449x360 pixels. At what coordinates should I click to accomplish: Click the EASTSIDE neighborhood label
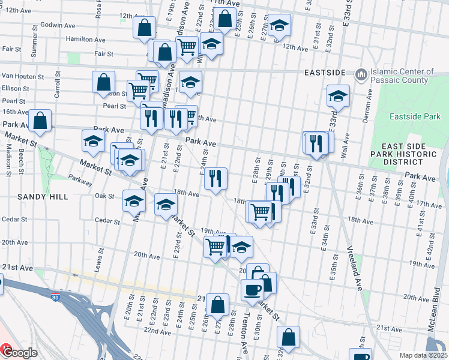pyautogui.click(x=325, y=73)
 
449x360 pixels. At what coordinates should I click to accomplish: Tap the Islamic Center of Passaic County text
pyautogui.click(x=402, y=76)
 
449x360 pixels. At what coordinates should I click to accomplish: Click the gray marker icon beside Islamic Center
pyautogui.click(x=361, y=75)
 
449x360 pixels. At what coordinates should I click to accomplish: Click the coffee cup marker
pyautogui.click(x=252, y=290)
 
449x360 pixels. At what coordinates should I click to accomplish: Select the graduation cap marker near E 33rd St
pyautogui.click(x=338, y=96)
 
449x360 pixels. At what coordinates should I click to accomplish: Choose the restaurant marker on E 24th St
pyautogui.click(x=215, y=178)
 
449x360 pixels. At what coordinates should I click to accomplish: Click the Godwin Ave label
pyautogui.click(x=58, y=26)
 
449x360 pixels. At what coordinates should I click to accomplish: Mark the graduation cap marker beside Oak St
pyautogui.click(x=134, y=201)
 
